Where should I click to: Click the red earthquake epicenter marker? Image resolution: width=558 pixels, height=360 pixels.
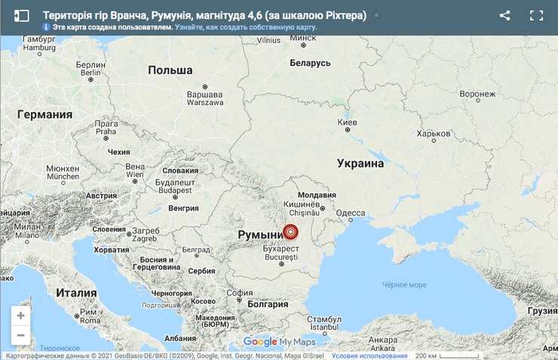[290, 232]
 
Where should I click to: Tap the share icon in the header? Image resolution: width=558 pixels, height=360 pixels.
[505, 15]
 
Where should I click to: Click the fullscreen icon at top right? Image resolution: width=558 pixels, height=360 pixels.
[536, 15]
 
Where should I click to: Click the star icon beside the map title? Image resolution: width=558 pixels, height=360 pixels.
[377, 16]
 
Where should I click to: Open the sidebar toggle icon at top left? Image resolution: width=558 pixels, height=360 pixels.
[22, 15]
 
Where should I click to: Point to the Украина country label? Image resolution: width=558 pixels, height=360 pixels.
[360, 163]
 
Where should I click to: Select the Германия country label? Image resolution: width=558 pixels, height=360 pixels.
[44, 115]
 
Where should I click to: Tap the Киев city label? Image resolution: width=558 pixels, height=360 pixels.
[348, 122]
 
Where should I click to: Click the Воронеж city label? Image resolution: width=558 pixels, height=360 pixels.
[477, 94]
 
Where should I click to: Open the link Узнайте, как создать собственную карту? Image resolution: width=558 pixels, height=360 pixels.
[246, 27]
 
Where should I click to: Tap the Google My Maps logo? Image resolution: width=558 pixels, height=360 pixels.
[279, 342]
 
